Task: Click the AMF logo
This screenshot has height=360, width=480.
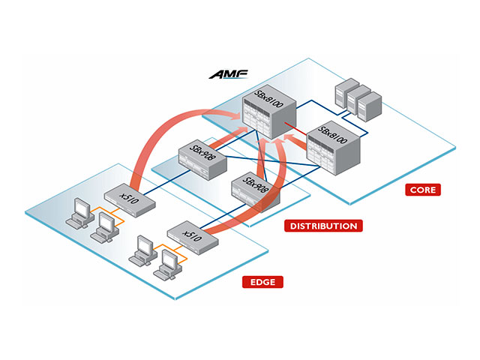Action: coord(228,74)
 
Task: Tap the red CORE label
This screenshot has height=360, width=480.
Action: coord(423,190)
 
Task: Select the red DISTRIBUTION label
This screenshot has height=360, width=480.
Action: coord(323,226)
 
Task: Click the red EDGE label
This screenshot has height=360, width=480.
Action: coord(262,282)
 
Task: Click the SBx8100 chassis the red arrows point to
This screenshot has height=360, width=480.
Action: coord(269,112)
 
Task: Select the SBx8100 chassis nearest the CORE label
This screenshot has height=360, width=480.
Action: coord(333,148)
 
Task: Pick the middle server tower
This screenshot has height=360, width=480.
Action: coord(358,100)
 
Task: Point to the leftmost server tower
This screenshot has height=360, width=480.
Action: coord(346,92)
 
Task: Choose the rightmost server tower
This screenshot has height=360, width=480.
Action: coord(370,106)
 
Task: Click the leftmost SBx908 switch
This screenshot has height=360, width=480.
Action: coord(202,160)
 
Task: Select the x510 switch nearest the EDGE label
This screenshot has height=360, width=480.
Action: coord(193,238)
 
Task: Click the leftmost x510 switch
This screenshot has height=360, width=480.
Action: coord(130,200)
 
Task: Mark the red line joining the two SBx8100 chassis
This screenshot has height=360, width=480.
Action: coord(295,128)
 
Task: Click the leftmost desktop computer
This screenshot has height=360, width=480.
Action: coord(80,213)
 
